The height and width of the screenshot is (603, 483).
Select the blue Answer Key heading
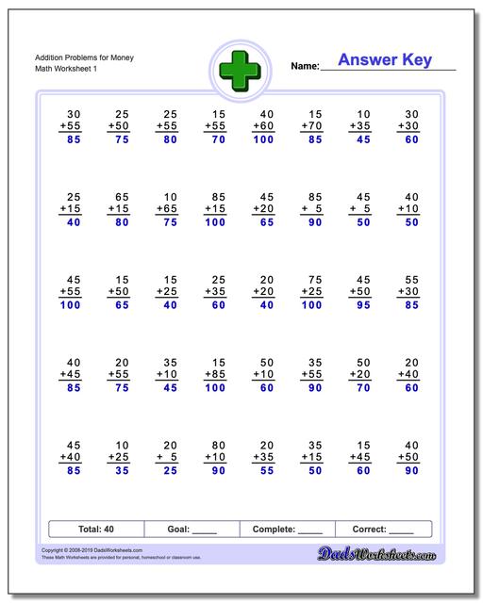pyautogui.click(x=384, y=60)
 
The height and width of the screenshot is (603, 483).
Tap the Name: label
pyautogui.click(x=304, y=67)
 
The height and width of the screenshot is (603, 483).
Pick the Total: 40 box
pyautogui.click(x=96, y=530)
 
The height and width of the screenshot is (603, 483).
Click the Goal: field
pyautogui.click(x=192, y=530)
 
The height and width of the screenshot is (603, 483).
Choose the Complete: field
pyautogui.click(x=288, y=530)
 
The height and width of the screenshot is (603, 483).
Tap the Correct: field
pyautogui.click(x=383, y=530)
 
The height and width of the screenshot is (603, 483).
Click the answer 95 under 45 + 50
pyautogui.click(x=361, y=305)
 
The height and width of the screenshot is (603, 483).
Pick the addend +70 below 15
pyautogui.click(x=311, y=124)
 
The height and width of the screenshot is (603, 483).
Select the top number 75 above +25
pyautogui.click(x=315, y=280)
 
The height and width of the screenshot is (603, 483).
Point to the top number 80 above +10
pyautogui.click(x=218, y=445)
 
